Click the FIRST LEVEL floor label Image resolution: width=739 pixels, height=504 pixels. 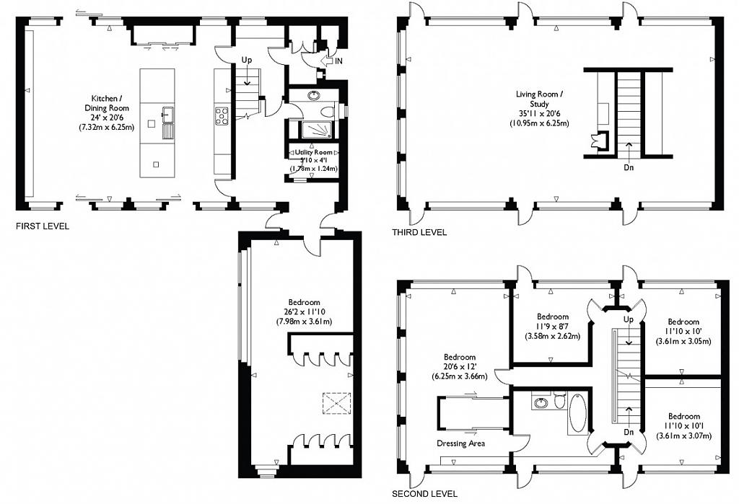coord(43,226)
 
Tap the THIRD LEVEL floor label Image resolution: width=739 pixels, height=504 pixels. coord(419,232)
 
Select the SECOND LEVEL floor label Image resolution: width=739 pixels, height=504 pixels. coord(424,494)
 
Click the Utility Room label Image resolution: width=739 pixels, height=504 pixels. coord(314,152)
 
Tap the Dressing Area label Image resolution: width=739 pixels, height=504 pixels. coord(460,443)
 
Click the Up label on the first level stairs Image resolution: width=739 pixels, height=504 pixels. coord(247,61)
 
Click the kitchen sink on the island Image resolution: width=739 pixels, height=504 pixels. coord(167,114)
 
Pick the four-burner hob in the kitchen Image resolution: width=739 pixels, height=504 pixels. coord(221,113)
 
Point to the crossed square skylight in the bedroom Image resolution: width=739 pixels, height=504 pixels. coord(335,402)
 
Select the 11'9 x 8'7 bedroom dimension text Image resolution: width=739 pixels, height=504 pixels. coord(553,326)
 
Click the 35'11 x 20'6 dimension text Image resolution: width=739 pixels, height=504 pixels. coord(542,113)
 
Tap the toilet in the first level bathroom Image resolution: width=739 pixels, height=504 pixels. coord(328,112)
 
